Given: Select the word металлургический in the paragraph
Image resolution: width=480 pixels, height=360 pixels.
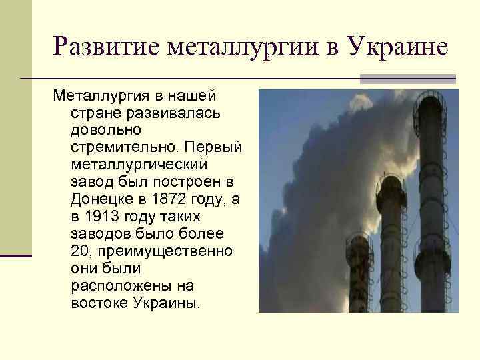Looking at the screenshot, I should click(139, 164).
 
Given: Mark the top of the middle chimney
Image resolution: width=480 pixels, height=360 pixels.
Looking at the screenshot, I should click(391, 183).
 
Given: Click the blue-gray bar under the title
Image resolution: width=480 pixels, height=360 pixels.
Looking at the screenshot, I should click(407, 79).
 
